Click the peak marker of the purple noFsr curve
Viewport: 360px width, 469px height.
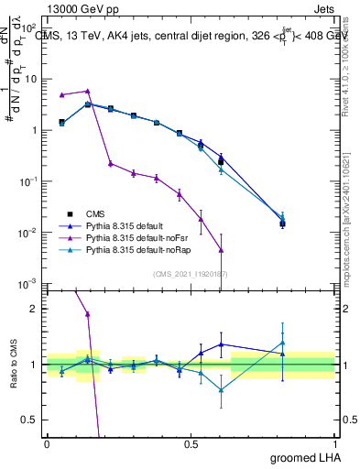pos(87,91)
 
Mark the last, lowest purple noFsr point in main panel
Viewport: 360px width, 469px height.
pos(221,249)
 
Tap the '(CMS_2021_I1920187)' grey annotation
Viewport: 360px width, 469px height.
pos(191,273)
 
